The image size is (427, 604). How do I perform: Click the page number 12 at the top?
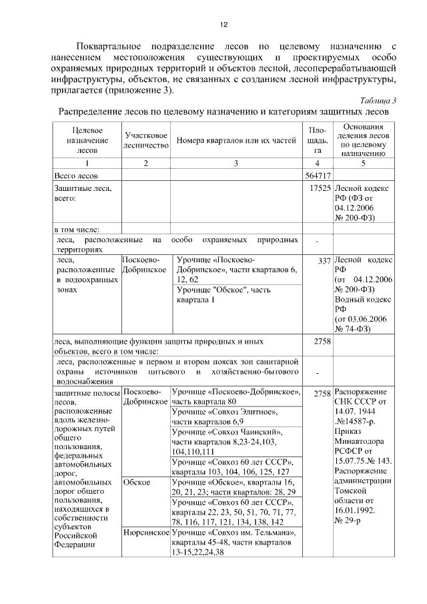click(x=224, y=25)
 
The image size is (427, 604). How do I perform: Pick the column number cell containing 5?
click(x=364, y=164)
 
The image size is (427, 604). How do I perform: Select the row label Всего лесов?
click(x=75, y=176)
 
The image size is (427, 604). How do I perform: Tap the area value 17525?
click(x=320, y=189)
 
